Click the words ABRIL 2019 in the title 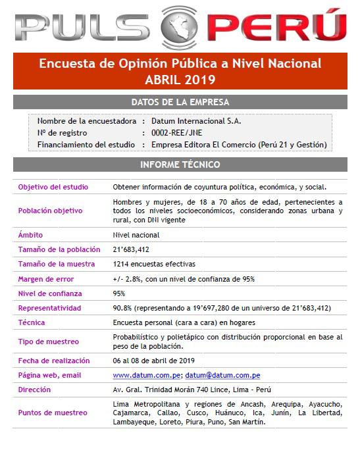point(180,80)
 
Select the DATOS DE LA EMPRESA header point(180,102)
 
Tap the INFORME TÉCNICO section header point(180,165)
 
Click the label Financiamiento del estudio point(87,145)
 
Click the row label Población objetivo point(51,211)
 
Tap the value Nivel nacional point(136,235)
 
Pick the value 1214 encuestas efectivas point(154,264)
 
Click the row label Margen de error point(46,278)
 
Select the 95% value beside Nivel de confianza point(119,293)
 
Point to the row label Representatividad point(50,308)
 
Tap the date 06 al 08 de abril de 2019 point(154,360)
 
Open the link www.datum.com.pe point(147,375)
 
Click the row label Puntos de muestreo point(53,413)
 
